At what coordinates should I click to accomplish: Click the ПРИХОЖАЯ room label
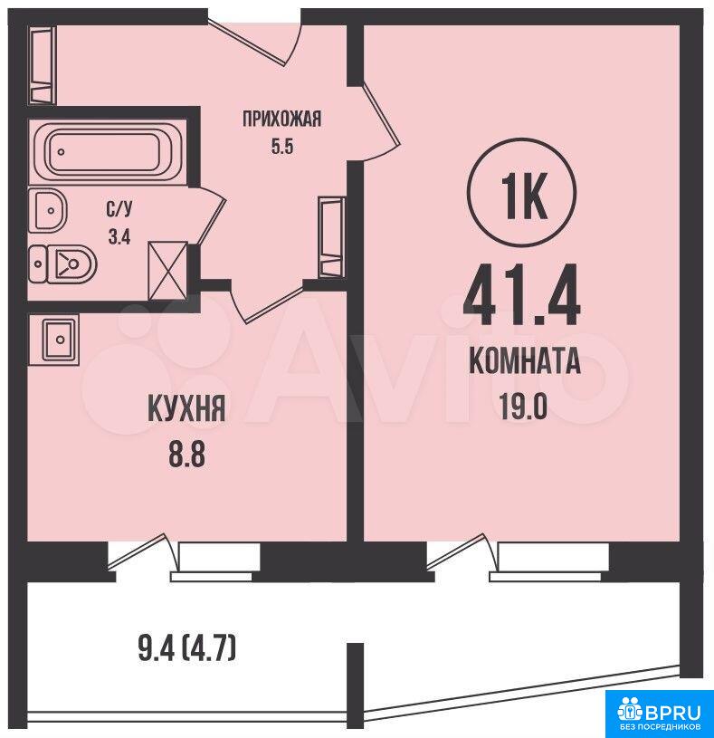point(282,120)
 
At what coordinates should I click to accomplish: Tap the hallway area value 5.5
point(282,147)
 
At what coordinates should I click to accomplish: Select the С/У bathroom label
point(119,208)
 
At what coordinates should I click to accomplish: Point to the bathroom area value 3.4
point(119,236)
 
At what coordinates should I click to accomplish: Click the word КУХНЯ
point(187,408)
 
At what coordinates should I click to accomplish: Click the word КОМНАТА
point(525,362)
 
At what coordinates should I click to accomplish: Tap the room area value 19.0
point(523,407)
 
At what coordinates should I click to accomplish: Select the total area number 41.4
point(522,295)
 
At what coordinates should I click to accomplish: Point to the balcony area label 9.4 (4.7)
point(187,648)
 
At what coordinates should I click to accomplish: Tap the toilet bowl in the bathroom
point(62,264)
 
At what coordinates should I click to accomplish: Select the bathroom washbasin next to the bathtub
point(48,210)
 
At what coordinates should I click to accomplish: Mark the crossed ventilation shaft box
point(168,271)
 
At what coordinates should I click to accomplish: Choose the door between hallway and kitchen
point(267,302)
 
